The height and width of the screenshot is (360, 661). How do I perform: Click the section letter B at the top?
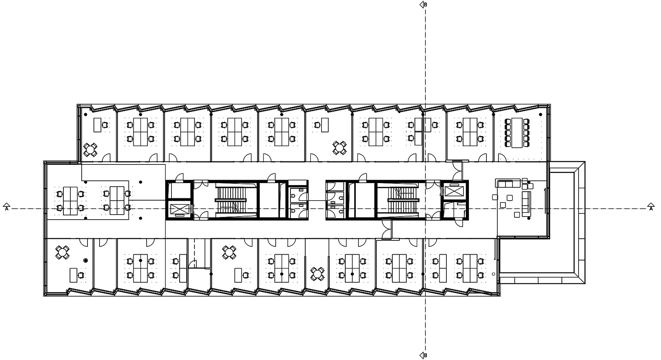tap(425, 5)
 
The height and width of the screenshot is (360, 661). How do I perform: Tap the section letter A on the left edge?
tap(7, 209)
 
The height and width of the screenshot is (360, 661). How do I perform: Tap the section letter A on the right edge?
tap(651, 209)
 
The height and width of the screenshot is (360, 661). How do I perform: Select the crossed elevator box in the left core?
tap(179, 209)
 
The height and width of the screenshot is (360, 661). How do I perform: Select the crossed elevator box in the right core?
tap(454, 191)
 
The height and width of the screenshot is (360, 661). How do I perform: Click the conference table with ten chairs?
tap(517, 133)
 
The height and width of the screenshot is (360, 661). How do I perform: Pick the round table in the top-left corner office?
tap(90, 150)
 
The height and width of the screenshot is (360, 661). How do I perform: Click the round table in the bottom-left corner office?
tap(62, 252)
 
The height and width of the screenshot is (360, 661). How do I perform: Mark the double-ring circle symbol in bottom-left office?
tap(86, 260)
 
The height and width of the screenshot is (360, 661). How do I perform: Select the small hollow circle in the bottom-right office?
tap(493, 274)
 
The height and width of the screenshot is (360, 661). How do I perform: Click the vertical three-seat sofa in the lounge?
tap(526, 204)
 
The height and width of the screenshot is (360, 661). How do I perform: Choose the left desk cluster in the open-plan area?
tap(70, 201)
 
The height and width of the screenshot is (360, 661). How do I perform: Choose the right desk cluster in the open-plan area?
tap(117, 201)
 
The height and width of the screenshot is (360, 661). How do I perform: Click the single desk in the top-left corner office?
tap(97, 125)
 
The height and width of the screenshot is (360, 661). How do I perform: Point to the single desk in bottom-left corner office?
tap(73, 275)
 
